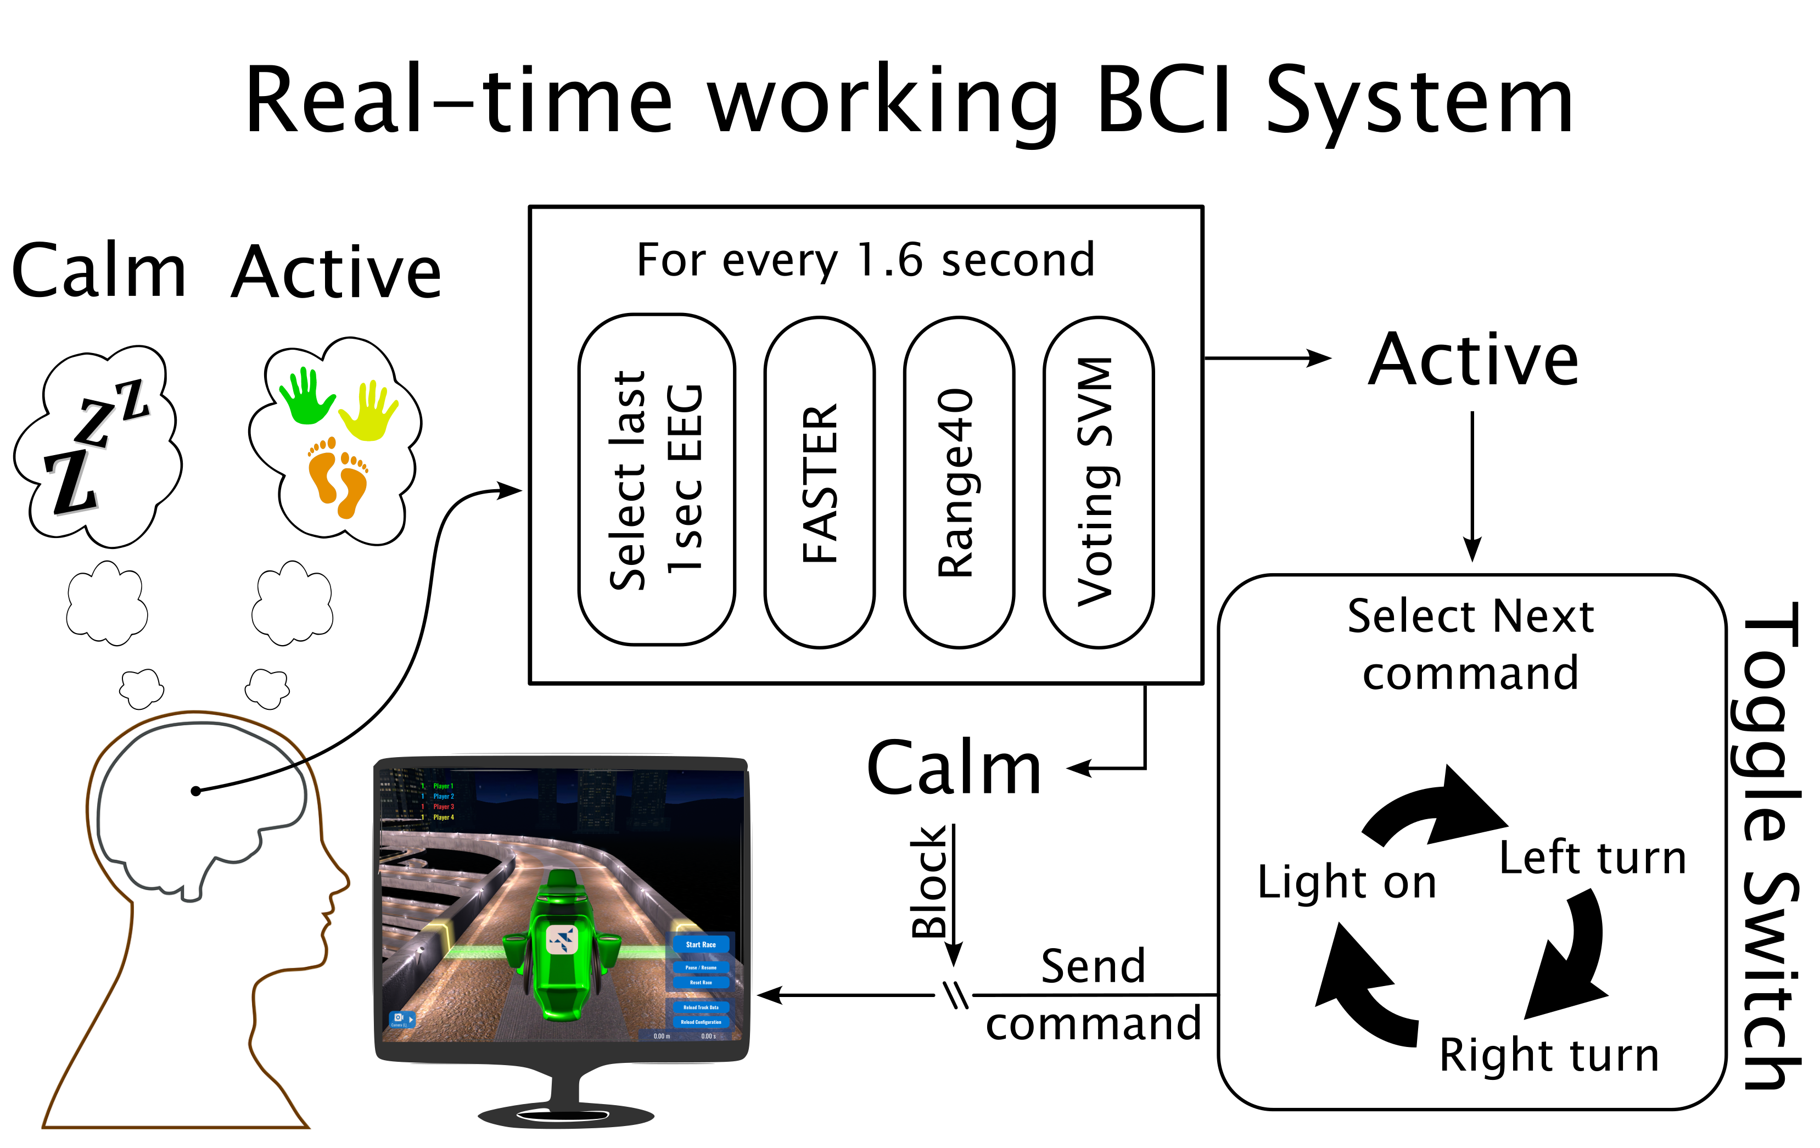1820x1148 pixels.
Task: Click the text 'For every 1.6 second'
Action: pos(865,260)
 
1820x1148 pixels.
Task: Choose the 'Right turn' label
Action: pos(1549,1055)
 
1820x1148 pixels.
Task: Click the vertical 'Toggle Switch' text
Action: pos(1771,847)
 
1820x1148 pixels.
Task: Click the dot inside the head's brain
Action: pos(196,791)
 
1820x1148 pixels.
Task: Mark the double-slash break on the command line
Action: pos(955,995)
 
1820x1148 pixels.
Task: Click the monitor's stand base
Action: pos(565,1114)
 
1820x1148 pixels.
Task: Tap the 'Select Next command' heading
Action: pos(1471,644)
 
